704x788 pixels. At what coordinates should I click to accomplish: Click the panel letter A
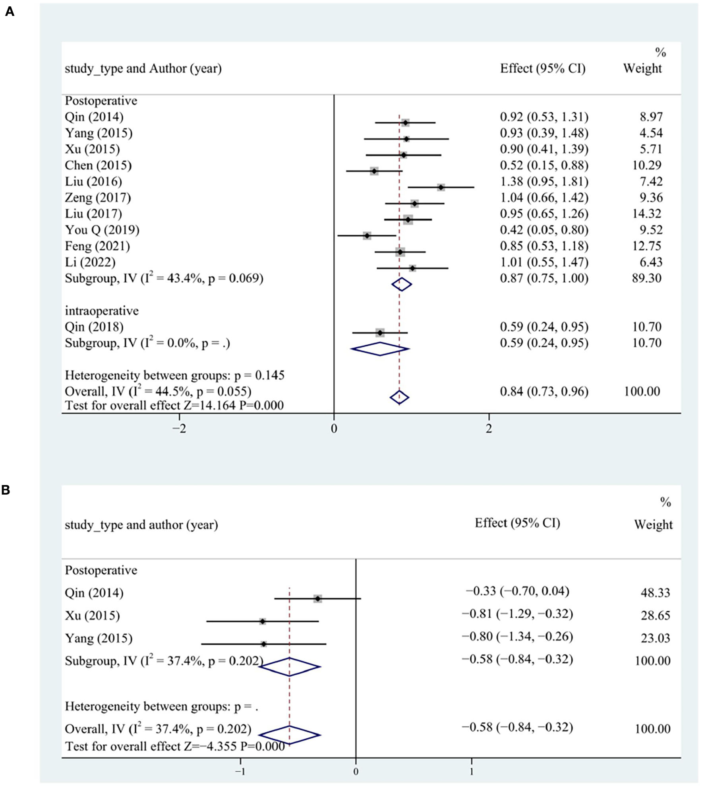pos(10,12)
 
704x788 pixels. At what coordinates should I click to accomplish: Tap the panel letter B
pos(6,490)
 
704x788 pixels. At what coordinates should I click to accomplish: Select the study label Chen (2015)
pos(98,165)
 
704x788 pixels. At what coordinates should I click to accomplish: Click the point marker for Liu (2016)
pos(441,187)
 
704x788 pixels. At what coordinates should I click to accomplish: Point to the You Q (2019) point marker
pos(367,236)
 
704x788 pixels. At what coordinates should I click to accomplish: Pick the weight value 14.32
pos(647,214)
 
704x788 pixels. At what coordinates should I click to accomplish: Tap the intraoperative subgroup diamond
pos(380,349)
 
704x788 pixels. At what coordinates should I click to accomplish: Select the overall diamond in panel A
pos(399,397)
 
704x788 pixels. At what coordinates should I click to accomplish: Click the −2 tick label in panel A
pos(179,429)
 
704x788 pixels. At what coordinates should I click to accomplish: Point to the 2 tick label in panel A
pos(489,429)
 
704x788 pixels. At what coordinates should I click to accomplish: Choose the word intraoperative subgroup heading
pos(102,311)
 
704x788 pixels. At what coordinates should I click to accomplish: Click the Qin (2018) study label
pos(94,327)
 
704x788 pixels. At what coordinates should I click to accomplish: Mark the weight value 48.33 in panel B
pos(655,593)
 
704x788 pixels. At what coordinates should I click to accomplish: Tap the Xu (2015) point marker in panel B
pos(263,621)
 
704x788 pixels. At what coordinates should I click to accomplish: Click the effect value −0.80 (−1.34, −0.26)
pos(517,637)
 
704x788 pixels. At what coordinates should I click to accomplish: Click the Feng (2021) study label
pos(97,246)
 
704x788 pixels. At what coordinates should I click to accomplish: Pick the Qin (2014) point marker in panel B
pos(317,598)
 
